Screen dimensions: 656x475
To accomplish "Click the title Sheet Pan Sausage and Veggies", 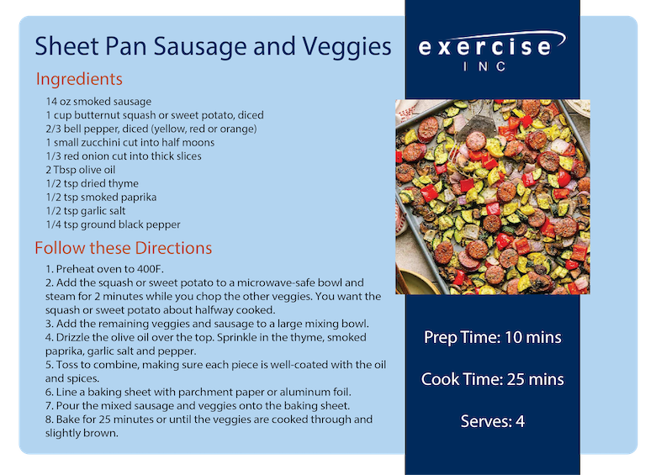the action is pos(213,46).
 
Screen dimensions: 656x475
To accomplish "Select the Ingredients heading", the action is pos(79,79).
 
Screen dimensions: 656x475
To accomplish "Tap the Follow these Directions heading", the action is pos(124,248).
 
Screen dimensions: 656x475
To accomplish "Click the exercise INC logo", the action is pos(492,50).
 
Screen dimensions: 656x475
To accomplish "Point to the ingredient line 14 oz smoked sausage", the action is pos(98,102).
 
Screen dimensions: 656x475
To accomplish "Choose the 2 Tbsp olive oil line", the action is pos(81,170).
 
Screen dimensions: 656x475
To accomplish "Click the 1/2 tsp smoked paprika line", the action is pos(101,197).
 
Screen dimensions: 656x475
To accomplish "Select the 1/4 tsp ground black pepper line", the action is pos(113,224).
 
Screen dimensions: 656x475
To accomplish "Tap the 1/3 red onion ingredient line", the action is pos(124,156).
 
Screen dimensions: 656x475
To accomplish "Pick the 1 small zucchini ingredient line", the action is pos(130,142).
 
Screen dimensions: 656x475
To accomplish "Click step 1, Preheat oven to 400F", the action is pos(104,269).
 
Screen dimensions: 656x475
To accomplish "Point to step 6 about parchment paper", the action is pos(198,393).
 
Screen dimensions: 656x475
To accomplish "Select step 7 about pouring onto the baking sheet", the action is pos(198,405).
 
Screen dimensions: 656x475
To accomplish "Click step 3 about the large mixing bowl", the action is pos(207,324).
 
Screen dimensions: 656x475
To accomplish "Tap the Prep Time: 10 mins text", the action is pos(492,337).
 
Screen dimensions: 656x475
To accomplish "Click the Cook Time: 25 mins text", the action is pos(492,379).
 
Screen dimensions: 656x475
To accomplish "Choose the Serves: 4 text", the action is pos(492,421).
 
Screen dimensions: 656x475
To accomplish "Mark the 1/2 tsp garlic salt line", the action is pos(85,211).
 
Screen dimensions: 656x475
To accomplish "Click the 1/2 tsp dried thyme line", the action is pos(92,183).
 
